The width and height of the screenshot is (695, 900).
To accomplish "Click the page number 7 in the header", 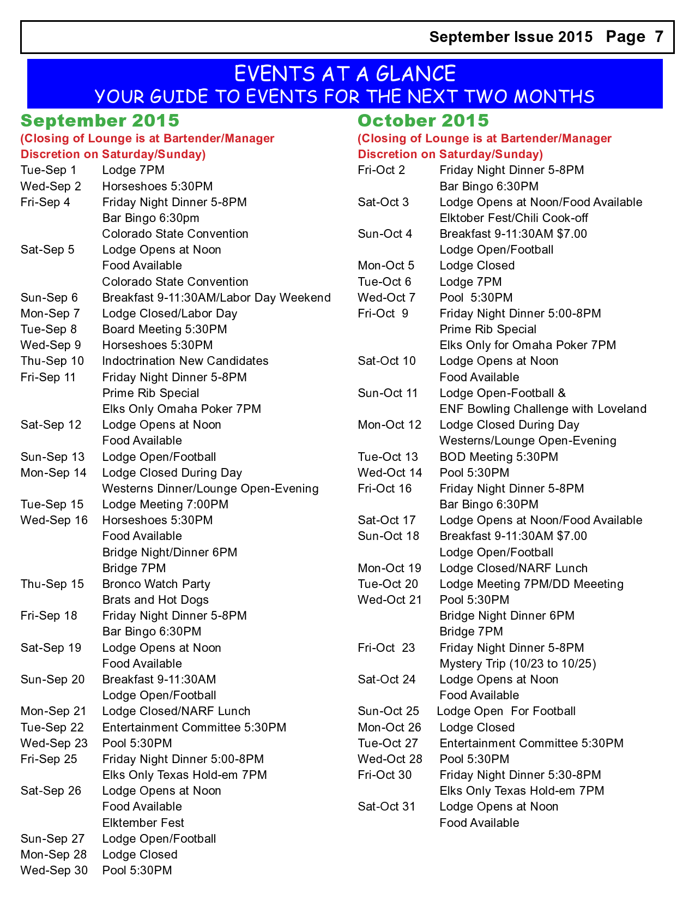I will [x=658, y=37].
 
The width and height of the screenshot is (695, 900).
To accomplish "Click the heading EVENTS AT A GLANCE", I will [x=345, y=74].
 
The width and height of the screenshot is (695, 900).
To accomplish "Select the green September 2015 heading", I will [x=100, y=121].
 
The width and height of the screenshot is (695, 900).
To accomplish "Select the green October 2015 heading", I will [x=423, y=121].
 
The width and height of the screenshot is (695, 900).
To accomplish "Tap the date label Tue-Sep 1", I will [x=49, y=170].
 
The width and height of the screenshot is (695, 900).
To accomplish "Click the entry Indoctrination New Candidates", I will [x=185, y=361].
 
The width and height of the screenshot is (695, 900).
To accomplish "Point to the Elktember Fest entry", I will [x=143, y=823].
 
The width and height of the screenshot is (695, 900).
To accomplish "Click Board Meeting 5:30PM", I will [x=165, y=329].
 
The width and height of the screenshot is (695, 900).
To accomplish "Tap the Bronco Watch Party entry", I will [x=156, y=584].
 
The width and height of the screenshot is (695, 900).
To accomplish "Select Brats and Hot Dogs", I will [x=155, y=600].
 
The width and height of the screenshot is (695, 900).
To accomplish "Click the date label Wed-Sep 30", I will [x=54, y=871].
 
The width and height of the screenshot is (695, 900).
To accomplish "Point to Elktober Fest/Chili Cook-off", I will [x=513, y=218].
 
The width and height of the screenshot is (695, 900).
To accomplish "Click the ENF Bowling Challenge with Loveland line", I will [x=543, y=409].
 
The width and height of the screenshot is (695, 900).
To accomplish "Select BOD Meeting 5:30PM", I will [x=499, y=457].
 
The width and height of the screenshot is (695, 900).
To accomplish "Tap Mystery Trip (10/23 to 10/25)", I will [x=518, y=664].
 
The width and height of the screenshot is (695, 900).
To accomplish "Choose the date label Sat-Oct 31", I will [x=386, y=807].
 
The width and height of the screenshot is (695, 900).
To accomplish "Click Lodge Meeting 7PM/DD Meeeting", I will [x=531, y=584].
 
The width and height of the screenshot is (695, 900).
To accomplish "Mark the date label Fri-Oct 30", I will [x=385, y=775].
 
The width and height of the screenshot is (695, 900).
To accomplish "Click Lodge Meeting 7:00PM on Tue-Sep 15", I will [x=165, y=505].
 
